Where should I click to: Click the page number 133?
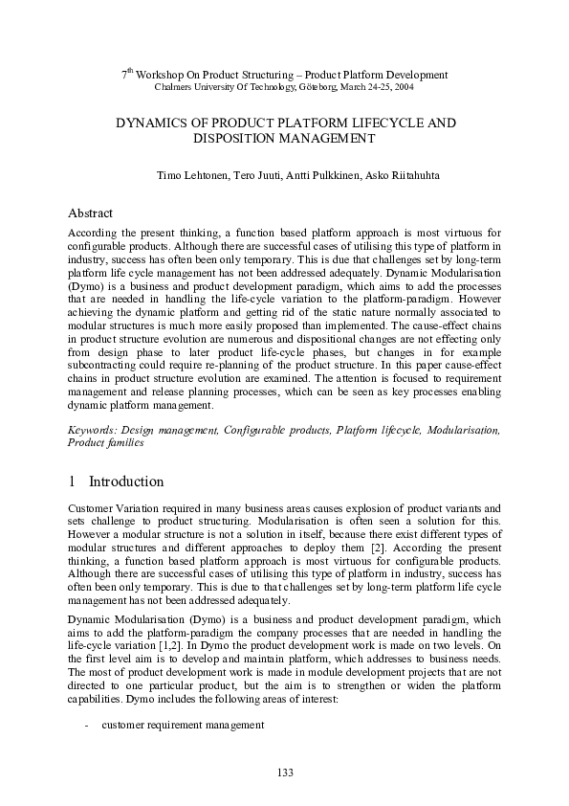pyautogui.click(x=284, y=772)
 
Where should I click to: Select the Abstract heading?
pyautogui.click(x=91, y=213)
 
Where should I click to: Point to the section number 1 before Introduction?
pyautogui.click(x=73, y=481)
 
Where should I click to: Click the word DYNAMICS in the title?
pyautogui.click(x=149, y=123)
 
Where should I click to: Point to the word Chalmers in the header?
pyautogui.click(x=173, y=87)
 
